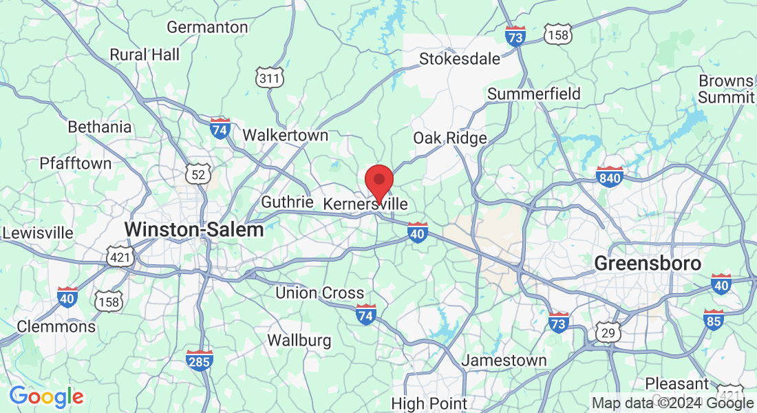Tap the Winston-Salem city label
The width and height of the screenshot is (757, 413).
pos(195,229)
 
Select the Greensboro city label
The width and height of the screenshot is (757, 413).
pos(648,264)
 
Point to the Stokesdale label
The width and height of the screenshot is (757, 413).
pos(460,59)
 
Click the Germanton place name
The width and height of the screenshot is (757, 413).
pos(207,28)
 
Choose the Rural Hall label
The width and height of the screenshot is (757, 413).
pos(145,54)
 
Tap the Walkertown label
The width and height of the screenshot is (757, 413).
pos(286,135)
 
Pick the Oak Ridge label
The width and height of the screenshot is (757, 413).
pos(450,138)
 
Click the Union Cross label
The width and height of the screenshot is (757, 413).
pos(319,293)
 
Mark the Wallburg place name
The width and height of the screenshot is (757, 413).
pos(299,340)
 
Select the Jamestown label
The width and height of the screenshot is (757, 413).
pos(504,360)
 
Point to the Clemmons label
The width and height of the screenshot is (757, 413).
pos(56,326)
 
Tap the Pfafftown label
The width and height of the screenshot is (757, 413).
pos(76,163)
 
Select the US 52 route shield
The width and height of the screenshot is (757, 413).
pos(198,174)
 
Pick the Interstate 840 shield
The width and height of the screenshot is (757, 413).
pos(610,177)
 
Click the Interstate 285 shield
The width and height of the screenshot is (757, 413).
pos(200,359)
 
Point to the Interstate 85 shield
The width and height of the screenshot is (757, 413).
pos(714,319)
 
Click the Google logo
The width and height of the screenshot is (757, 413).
pos(46,396)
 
